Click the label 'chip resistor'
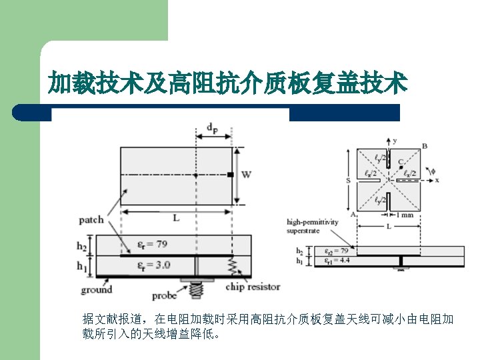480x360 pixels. pyautogui.click(x=252, y=287)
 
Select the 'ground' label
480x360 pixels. pyautogui.click(x=96, y=289)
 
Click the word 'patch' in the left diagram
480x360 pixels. pyautogui.click(x=91, y=219)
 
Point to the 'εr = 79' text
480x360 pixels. pyautogui.click(x=153, y=245)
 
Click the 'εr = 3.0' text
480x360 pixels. pyautogui.click(x=153, y=265)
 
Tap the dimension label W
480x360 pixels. pyautogui.click(x=246, y=175)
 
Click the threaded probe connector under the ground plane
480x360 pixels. pyautogui.click(x=196, y=289)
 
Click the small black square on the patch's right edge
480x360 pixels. pyautogui.click(x=230, y=175)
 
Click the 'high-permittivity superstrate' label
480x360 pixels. pyautogui.click(x=312, y=226)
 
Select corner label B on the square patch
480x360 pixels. pyautogui.click(x=425, y=146)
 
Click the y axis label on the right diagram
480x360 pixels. pyautogui.click(x=395, y=141)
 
